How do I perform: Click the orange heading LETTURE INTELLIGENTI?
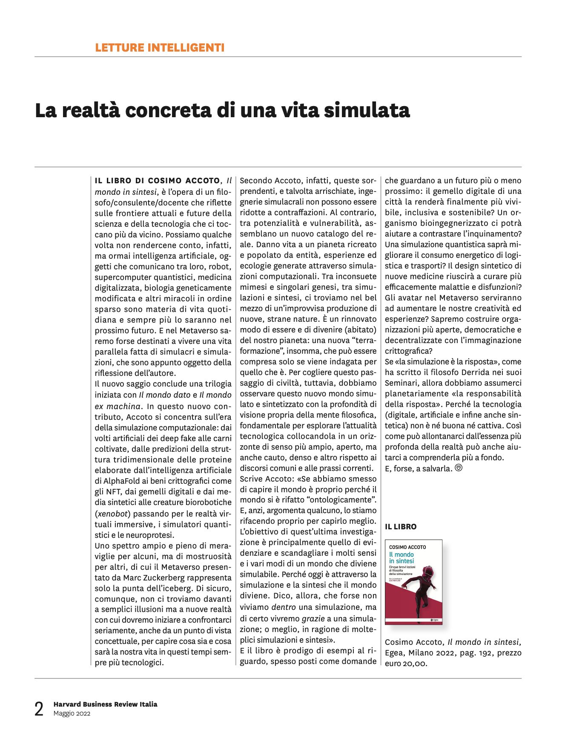[160, 48]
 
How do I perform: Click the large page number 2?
[39, 709]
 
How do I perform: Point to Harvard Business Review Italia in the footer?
[105, 704]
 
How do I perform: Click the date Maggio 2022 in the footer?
[72, 713]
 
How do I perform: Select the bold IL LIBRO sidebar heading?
[401, 527]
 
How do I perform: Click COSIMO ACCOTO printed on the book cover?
[407, 547]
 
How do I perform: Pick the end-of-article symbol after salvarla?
[459, 468]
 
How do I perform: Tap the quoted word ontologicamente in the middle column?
[346, 500]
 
